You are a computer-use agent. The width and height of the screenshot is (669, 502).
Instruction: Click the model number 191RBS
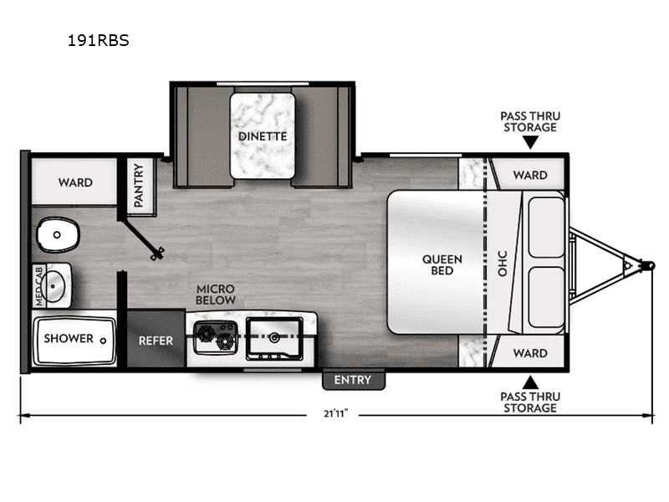click(98, 40)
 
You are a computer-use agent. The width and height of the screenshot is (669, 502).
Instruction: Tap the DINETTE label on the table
click(263, 136)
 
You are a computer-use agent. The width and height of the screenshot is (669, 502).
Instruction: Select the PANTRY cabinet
click(139, 185)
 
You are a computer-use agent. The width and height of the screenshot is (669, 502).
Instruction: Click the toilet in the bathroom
click(59, 234)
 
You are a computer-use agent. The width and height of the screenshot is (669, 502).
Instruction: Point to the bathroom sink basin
click(54, 285)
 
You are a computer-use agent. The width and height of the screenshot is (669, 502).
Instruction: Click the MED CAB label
click(39, 285)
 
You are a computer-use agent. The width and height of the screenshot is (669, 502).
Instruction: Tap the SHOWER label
click(69, 339)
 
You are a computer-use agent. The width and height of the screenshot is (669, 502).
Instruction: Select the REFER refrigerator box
click(156, 338)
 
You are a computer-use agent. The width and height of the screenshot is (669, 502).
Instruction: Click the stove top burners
click(216, 337)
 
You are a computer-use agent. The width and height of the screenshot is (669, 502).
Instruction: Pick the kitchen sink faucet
click(274, 338)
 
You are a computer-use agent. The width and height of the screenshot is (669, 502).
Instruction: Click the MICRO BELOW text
click(216, 295)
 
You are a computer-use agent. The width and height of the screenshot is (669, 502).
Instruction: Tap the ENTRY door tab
click(353, 380)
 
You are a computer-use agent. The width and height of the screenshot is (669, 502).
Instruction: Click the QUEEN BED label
click(442, 264)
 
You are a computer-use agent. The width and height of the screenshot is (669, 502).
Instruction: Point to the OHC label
click(503, 264)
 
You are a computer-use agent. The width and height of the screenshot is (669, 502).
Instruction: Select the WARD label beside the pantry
click(75, 182)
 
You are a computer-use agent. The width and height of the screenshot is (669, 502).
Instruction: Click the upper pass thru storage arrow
click(530, 142)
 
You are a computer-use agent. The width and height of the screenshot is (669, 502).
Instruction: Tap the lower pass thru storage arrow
click(530, 382)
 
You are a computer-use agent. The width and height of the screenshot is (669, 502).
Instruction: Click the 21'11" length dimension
click(336, 413)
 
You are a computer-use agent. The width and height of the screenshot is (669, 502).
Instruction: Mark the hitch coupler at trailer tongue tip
click(650, 265)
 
